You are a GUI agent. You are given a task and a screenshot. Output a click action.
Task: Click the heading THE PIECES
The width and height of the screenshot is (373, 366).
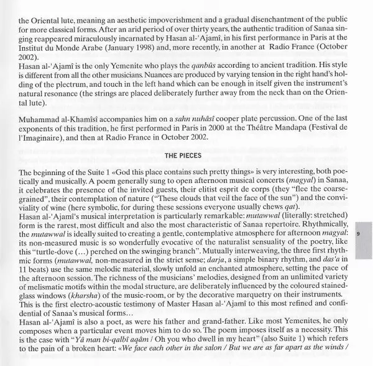click(x=185, y=153)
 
